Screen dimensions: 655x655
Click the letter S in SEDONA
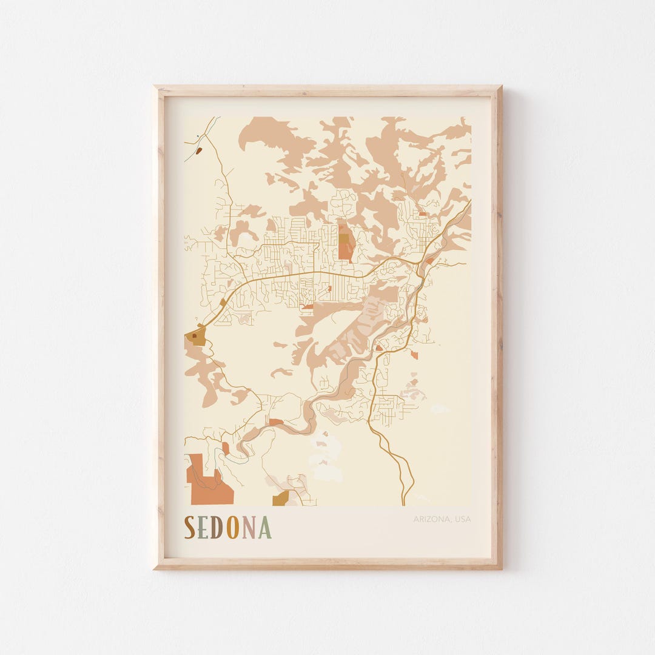(190, 528)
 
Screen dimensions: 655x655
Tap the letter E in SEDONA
(203, 528)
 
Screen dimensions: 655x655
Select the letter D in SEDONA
(218, 528)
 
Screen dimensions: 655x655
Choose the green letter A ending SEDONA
(264, 528)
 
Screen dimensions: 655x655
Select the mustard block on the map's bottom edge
(281, 499)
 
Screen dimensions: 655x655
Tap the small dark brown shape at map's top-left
(198, 150)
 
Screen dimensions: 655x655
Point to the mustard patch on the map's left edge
(198, 337)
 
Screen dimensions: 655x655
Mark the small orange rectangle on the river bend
(276, 422)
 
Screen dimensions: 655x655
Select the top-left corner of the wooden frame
(155, 87)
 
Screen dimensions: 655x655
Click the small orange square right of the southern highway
(414, 354)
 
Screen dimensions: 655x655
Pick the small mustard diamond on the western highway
(223, 301)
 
